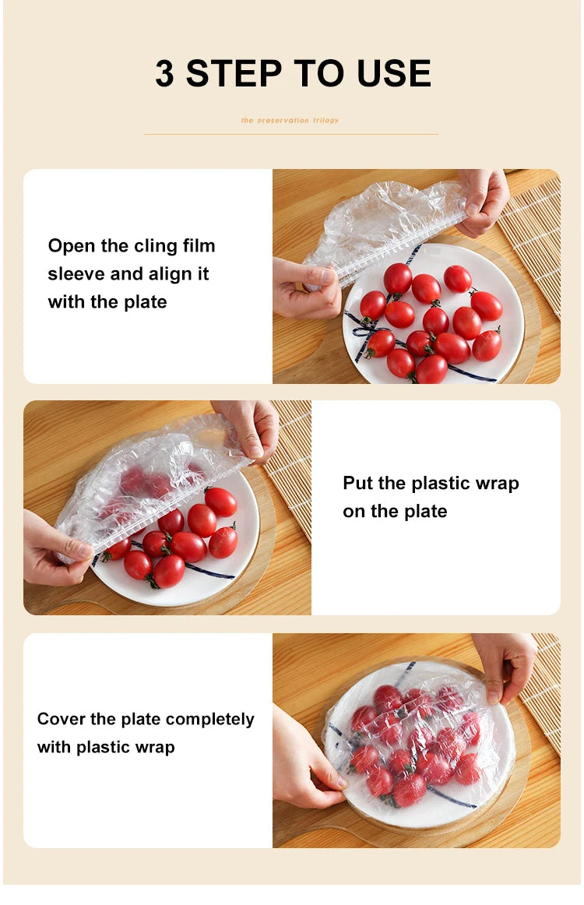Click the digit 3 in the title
pos(164,74)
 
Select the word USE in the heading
pos(395,74)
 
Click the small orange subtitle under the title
pos(290,121)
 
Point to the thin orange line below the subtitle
pos(290,134)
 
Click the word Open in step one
pos(71,247)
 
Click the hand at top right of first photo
pos(484,200)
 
